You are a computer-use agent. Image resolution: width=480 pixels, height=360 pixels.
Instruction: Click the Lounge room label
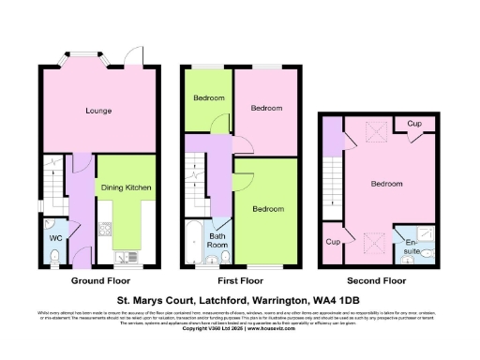[99, 111]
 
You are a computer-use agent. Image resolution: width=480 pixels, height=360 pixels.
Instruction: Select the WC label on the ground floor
[54, 236]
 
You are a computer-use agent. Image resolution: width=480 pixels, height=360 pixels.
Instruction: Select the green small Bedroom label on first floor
[207, 98]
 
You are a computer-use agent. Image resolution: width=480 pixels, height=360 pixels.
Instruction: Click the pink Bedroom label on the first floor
[266, 109]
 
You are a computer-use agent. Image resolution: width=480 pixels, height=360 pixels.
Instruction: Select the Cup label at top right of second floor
[412, 124]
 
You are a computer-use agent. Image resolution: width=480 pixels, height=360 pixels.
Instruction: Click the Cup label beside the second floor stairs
[332, 242]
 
